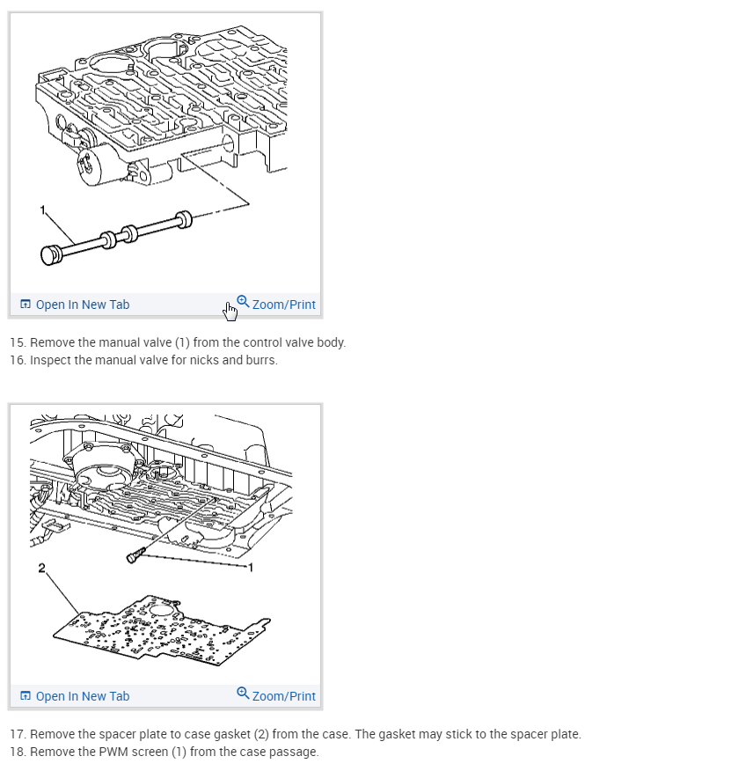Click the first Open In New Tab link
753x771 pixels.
click(82, 305)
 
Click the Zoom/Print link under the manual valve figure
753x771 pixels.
click(283, 305)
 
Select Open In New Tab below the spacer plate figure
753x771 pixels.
click(82, 696)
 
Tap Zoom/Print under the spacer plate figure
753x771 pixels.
click(283, 696)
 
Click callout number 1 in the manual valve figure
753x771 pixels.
click(40, 208)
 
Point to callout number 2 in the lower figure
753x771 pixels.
click(40, 568)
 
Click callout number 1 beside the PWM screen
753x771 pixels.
click(251, 568)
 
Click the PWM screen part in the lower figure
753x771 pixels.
click(135, 554)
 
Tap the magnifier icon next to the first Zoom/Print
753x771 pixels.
click(243, 301)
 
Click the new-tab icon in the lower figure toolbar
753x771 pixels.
click(25, 696)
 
